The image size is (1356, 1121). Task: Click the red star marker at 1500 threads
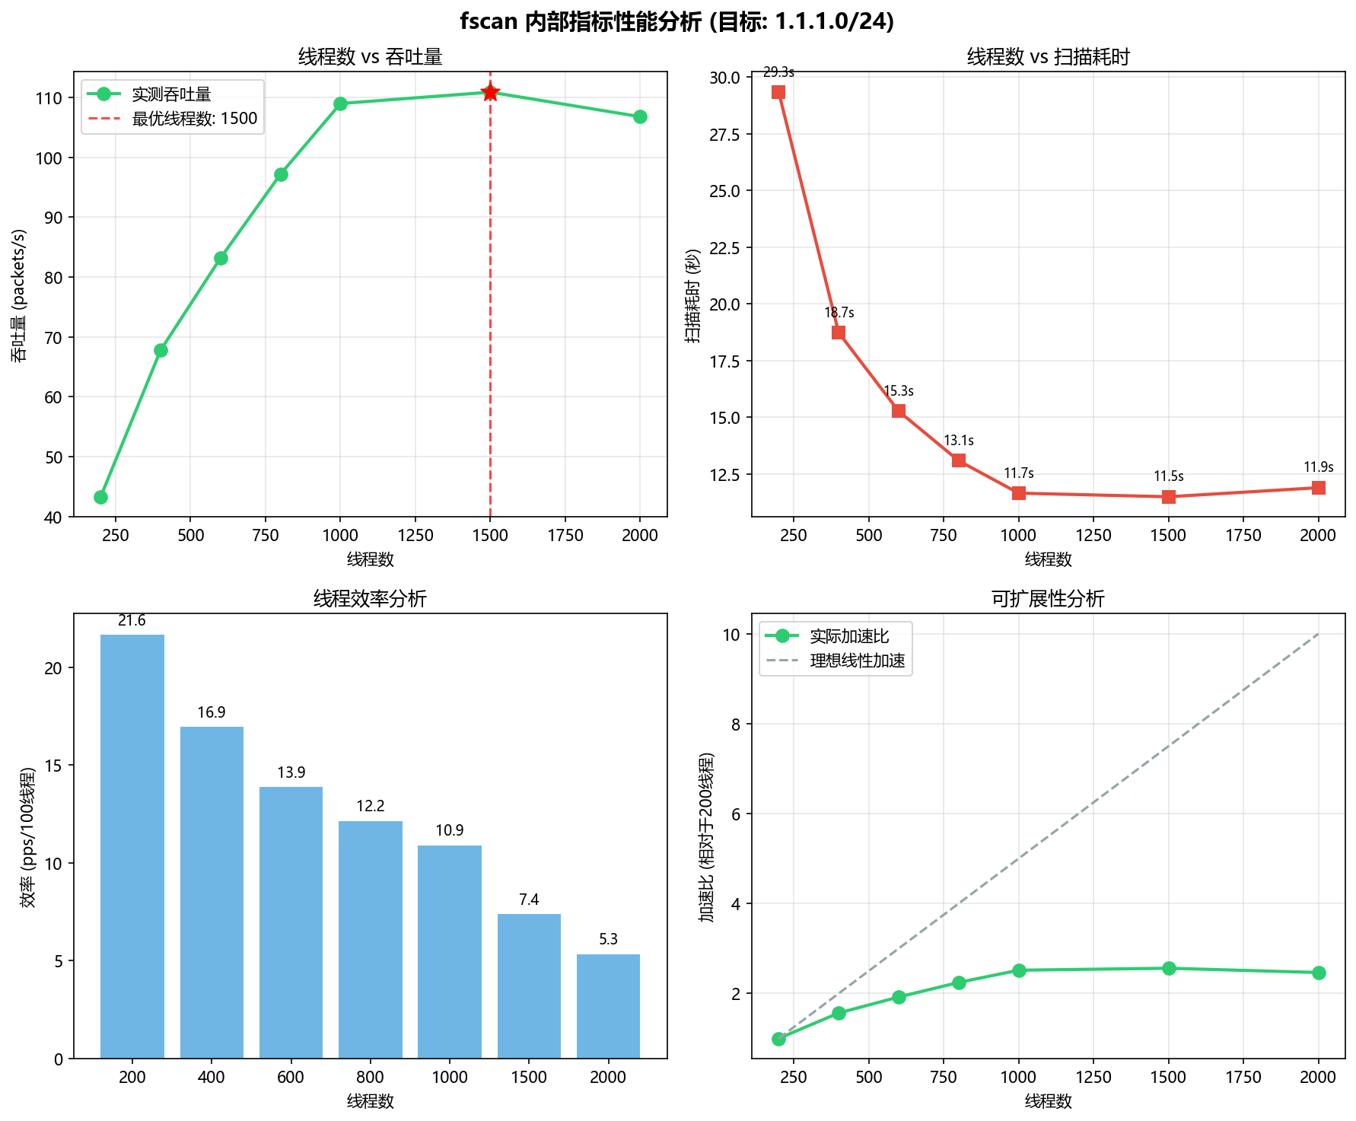[490, 92]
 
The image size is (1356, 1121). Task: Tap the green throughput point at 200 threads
[100, 497]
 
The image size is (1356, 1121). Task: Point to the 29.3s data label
[778, 72]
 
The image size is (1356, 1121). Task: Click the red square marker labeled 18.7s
[839, 333]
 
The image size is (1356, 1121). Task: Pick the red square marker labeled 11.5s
[1169, 497]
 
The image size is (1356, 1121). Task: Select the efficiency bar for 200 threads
[132, 846]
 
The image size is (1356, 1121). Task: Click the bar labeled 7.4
[529, 986]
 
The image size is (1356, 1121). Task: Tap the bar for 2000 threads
[608, 1006]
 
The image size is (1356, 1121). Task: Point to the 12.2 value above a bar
[371, 807]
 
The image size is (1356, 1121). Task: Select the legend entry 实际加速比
[827, 636]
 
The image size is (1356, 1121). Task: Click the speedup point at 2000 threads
[1319, 973]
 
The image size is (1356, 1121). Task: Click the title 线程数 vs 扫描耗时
[1049, 57]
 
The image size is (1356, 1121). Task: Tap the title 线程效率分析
[371, 599]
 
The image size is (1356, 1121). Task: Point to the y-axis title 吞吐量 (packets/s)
[19, 295]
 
